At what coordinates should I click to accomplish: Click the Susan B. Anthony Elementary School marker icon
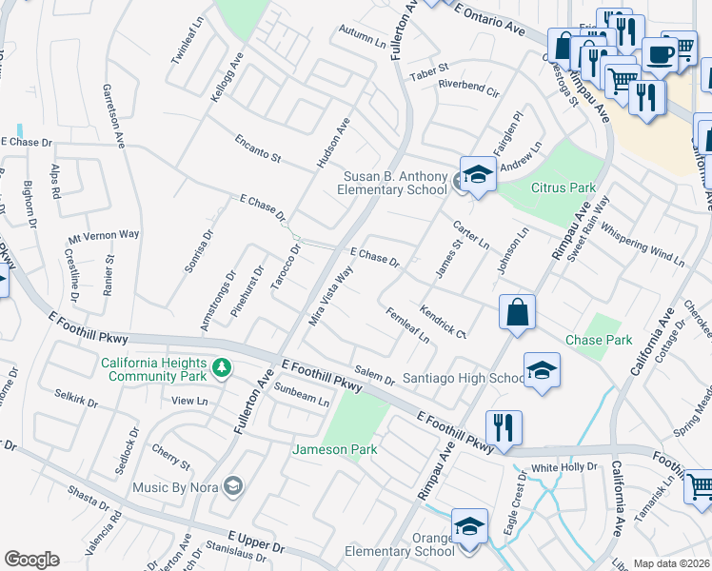click(480, 176)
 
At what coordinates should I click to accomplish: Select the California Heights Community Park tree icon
click(222, 366)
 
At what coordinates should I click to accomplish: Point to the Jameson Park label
click(334, 449)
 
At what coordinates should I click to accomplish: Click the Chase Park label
click(599, 340)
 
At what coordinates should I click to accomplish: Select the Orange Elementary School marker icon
click(469, 527)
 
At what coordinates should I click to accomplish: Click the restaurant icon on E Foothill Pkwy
click(504, 427)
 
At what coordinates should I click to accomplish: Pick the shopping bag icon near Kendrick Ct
click(516, 313)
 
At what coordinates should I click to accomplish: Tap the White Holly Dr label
click(564, 467)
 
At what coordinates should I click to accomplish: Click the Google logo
click(31, 560)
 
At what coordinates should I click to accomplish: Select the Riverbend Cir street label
click(468, 88)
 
